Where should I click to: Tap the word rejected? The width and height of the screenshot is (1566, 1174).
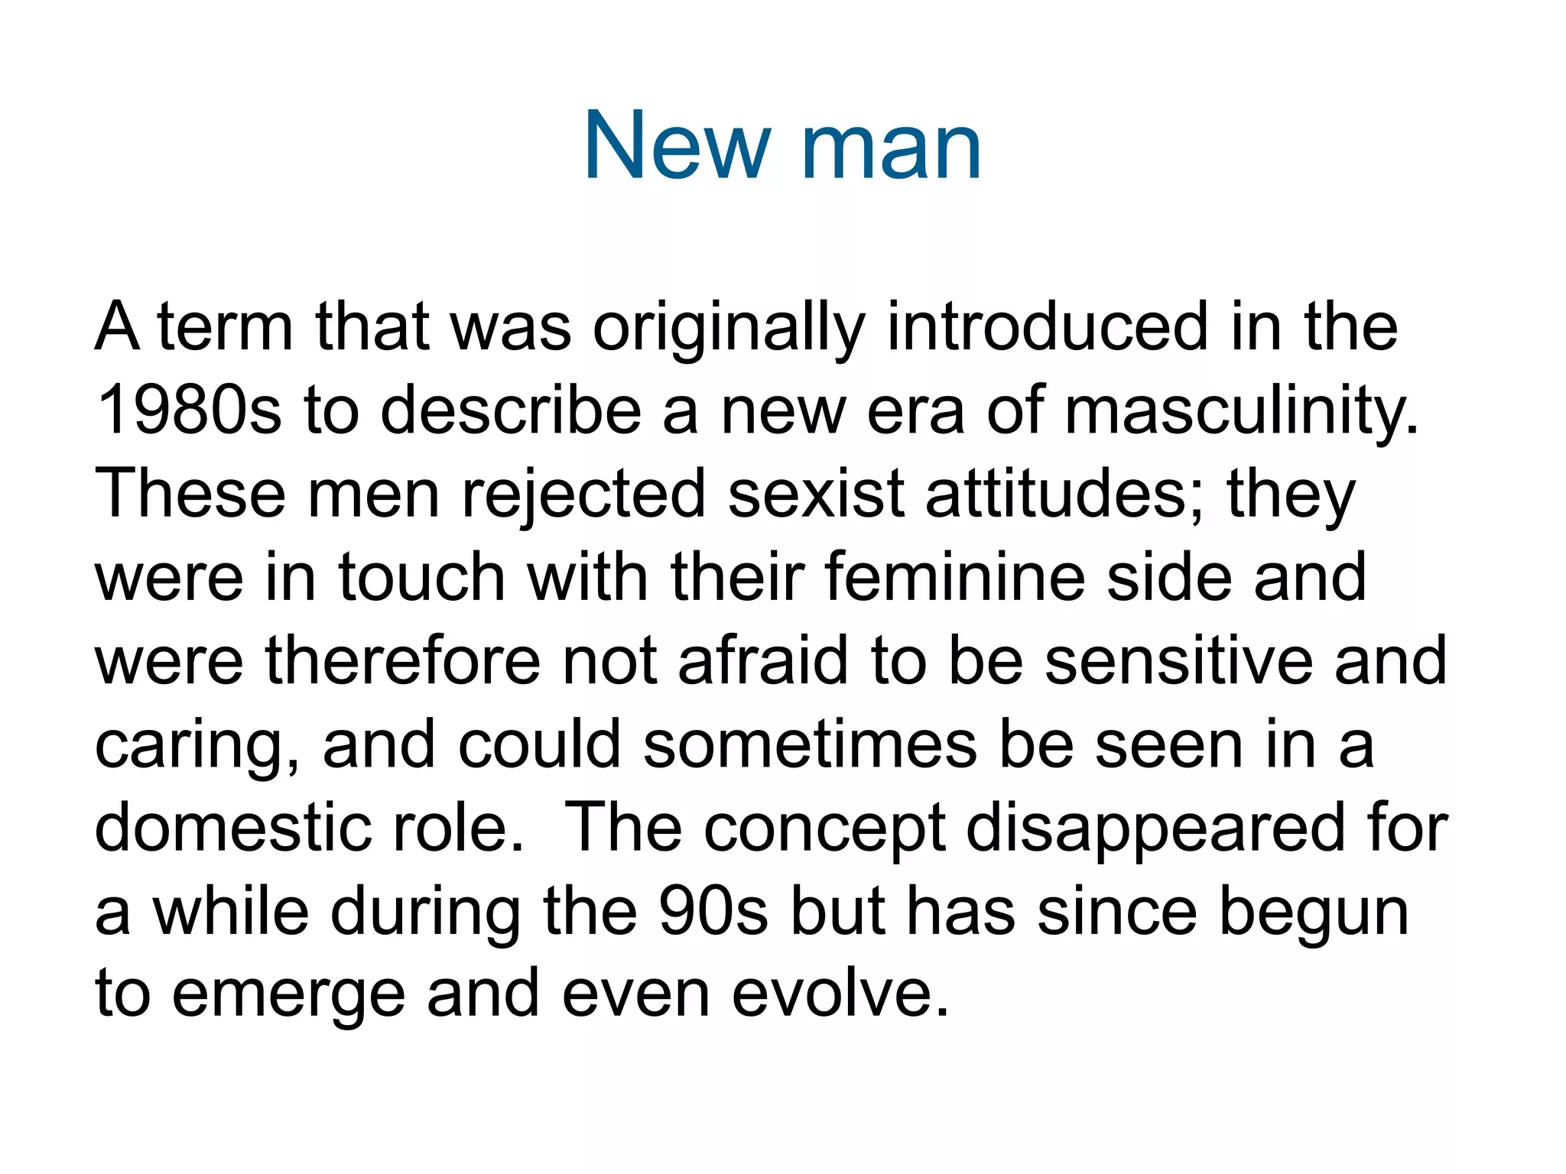click(x=583, y=495)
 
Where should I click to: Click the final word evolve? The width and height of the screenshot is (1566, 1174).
click(x=840, y=994)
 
